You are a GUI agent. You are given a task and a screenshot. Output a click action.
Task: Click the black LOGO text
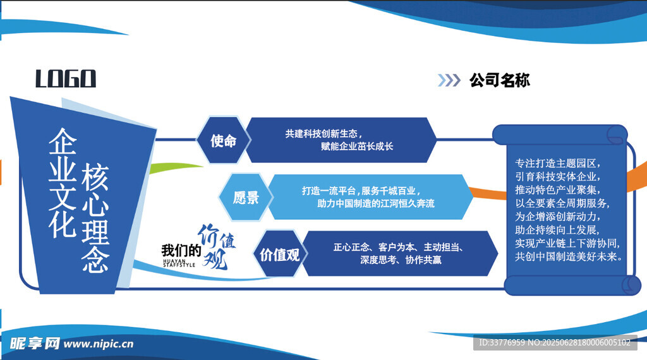[x=66, y=78]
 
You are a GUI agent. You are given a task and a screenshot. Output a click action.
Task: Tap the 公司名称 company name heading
[x=500, y=80]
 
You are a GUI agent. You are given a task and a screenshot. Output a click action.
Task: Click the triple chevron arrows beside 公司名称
[x=449, y=80]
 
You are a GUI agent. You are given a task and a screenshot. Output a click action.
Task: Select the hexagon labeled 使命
[x=223, y=140]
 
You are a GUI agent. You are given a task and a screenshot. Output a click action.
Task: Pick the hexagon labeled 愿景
[x=246, y=197]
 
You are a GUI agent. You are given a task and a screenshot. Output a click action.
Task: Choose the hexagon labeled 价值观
[x=280, y=254]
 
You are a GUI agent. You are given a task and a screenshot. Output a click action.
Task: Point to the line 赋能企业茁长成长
[x=357, y=147]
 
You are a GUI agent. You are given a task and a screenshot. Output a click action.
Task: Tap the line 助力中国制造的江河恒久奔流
[x=376, y=204]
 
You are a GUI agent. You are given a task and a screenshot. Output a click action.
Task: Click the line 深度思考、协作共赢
[x=401, y=260]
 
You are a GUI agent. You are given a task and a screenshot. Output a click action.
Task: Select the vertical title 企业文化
[x=63, y=183]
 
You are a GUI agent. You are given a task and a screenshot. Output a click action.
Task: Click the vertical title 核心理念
[x=95, y=218]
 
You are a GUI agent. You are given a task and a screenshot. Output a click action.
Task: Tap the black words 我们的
[x=181, y=250]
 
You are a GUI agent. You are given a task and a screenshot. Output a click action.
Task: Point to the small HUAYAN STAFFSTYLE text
[x=179, y=263]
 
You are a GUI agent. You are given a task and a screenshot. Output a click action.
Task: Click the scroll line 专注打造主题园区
[x=557, y=164]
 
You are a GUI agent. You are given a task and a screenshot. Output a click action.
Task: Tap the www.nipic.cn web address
[x=99, y=344]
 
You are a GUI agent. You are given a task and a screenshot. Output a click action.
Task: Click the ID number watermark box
[x=555, y=342]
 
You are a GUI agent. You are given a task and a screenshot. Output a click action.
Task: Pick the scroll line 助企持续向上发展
[x=557, y=230]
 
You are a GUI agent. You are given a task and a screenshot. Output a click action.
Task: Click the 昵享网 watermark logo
[x=35, y=343]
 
